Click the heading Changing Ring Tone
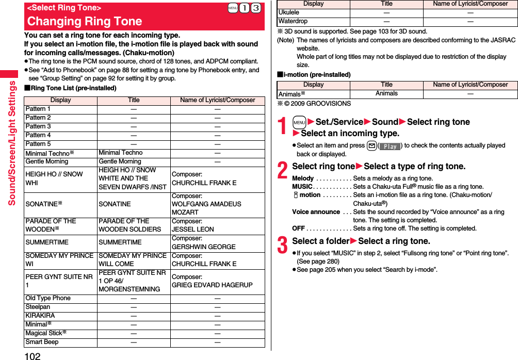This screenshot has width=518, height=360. point(85,22)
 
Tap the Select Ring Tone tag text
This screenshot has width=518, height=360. point(64,8)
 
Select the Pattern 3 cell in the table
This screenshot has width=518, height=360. point(38,126)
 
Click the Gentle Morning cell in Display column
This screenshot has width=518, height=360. point(47,162)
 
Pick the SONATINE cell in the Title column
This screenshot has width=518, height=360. point(115,204)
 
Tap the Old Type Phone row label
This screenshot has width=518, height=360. point(48,298)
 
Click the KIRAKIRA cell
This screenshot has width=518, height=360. point(40,316)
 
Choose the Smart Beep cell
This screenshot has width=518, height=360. point(42,342)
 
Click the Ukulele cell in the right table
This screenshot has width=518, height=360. point(289,12)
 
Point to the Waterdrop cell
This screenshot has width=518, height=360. point(293,21)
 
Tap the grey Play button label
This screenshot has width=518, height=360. point(391,146)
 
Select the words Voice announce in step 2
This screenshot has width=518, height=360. point(316,212)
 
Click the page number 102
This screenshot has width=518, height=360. point(32,355)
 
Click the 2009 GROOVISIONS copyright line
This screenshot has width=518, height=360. point(314,104)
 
